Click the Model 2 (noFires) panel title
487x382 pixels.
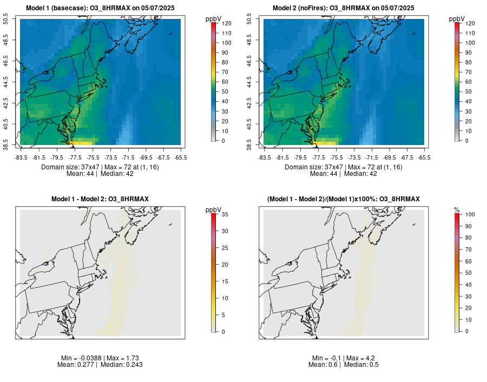(x=344, y=8)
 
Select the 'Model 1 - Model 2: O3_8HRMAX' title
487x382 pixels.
(x=100, y=200)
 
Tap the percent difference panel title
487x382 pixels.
(x=344, y=200)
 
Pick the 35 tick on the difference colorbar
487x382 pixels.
(x=224, y=214)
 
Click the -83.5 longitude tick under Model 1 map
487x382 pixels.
(x=21, y=157)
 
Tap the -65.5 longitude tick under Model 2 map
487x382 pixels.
(x=424, y=157)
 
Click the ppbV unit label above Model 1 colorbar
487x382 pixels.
(x=214, y=19)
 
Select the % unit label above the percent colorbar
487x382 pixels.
(x=457, y=209)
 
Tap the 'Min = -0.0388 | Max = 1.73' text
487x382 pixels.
(x=100, y=358)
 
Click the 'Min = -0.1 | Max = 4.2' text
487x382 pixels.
(x=344, y=358)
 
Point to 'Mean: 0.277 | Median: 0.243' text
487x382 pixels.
(x=100, y=365)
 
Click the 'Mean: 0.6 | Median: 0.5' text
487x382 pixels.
(x=344, y=365)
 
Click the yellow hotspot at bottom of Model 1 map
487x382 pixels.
(x=81, y=142)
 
